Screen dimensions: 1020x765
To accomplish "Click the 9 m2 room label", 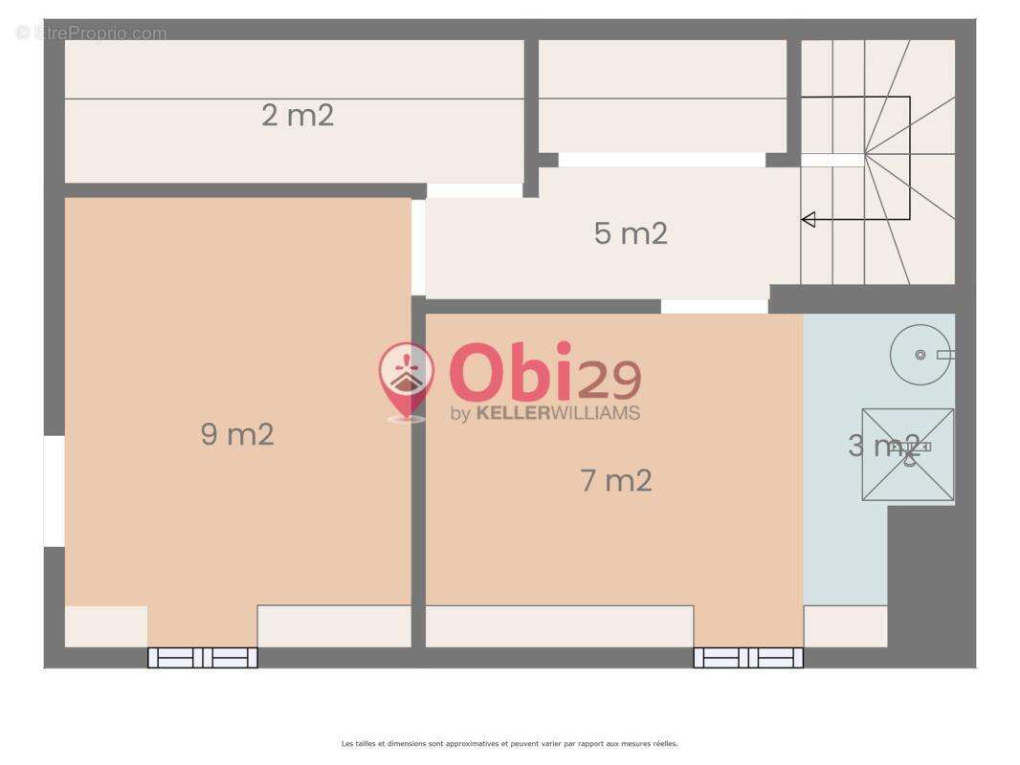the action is (x=237, y=434).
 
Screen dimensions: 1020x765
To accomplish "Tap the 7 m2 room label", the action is (x=616, y=480).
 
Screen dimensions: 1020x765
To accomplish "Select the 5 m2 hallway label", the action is (x=631, y=233).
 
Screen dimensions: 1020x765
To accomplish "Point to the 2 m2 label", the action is (x=298, y=115).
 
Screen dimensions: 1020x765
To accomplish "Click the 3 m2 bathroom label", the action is (x=884, y=446).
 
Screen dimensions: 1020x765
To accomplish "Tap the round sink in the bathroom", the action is (x=920, y=355).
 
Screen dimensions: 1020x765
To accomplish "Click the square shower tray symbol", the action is (x=908, y=455).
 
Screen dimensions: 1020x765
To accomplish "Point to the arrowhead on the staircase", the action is (x=809, y=220).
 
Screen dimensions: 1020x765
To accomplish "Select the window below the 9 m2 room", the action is (x=203, y=658).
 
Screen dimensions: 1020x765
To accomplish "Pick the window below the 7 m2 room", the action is (x=748, y=658).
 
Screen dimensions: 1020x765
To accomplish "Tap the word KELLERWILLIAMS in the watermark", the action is (x=558, y=413).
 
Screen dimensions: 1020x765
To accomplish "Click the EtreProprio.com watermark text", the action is (x=91, y=33).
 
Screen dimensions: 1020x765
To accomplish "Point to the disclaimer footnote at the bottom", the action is (x=510, y=744).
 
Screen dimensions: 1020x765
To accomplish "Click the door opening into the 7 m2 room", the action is (x=715, y=307).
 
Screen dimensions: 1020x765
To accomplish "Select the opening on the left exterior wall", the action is (x=54, y=492).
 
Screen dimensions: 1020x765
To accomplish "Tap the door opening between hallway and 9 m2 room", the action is (x=418, y=248).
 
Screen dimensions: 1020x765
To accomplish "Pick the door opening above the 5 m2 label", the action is (x=662, y=160).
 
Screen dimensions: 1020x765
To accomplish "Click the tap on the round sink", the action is (x=944, y=355).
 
